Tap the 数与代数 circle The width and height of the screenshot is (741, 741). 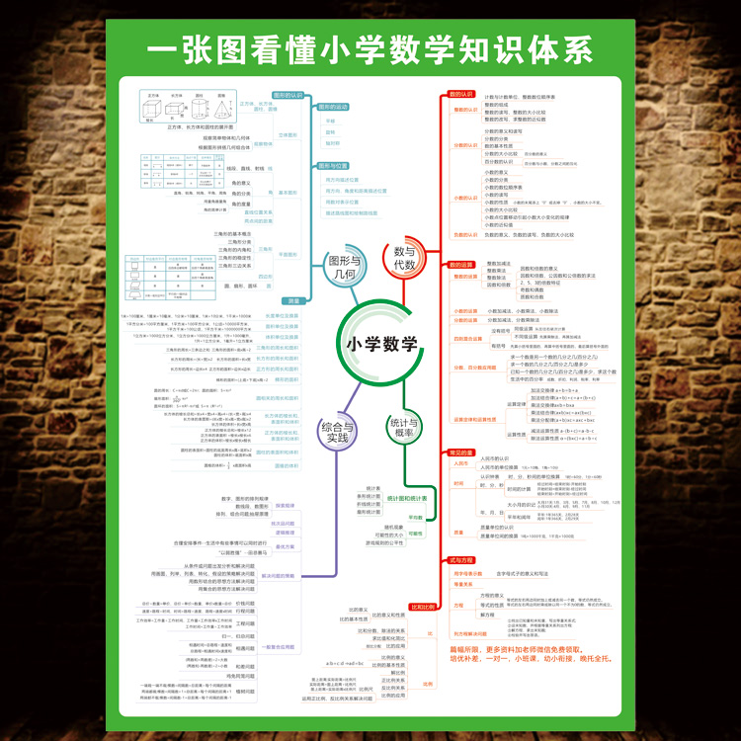coord(405,259)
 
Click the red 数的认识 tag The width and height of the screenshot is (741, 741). coord(461,94)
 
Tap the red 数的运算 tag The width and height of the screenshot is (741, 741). coord(461,265)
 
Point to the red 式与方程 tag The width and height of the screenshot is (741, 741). coord(461,560)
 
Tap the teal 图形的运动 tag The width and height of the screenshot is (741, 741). coord(332,106)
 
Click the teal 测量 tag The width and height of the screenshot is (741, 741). coord(293,301)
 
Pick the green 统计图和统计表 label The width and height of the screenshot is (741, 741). coord(407,498)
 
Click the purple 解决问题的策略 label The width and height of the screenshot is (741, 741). coord(278,575)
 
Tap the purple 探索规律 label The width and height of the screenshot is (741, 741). coord(286,506)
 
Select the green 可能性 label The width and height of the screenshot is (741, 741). coord(415,534)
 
